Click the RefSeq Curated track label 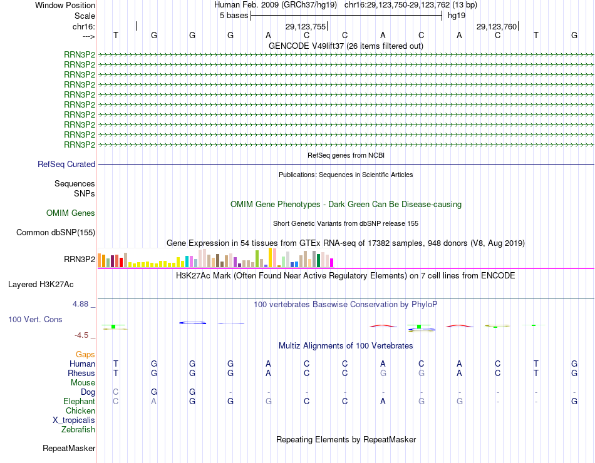click(x=66, y=165)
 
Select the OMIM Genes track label click(x=71, y=213)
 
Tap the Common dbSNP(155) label click(x=55, y=233)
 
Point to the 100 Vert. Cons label click(x=35, y=320)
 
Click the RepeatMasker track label click(x=69, y=449)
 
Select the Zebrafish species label click(x=78, y=430)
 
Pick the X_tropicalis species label click(x=74, y=420)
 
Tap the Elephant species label click(x=79, y=402)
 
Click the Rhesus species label click(x=81, y=374)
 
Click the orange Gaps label click(x=85, y=355)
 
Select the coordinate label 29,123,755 click(x=306, y=27)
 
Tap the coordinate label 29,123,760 click(x=497, y=27)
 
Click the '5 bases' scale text click(x=234, y=16)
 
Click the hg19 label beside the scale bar click(x=457, y=16)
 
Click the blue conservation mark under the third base click(x=193, y=323)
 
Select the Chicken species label click(x=80, y=411)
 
